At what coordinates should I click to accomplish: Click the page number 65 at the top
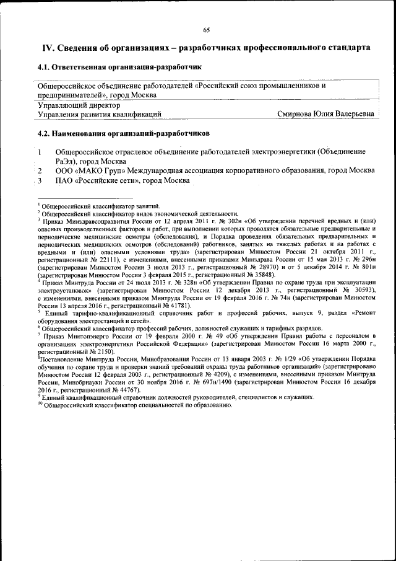tap(206, 30)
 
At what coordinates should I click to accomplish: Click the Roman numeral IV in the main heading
tap(48, 48)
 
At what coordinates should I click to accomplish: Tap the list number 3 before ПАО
tap(40, 180)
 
